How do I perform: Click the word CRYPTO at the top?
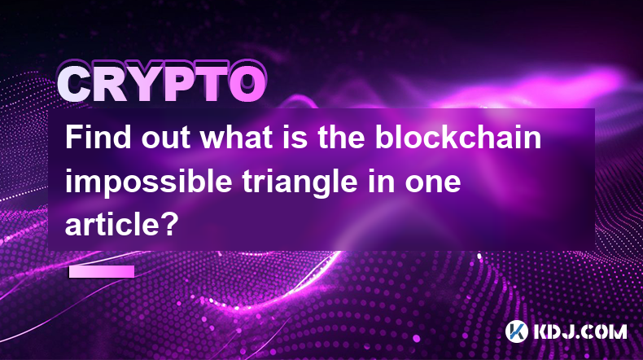tap(162, 83)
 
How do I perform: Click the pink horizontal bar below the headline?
tap(101, 271)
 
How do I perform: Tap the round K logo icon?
tap(516, 331)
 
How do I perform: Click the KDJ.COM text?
tap(580, 331)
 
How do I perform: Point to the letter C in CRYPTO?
tap(75, 84)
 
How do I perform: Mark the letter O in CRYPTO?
tap(247, 84)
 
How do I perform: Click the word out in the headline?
tap(166, 138)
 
